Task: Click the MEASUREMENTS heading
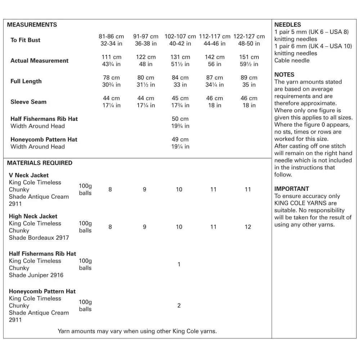(x=32, y=25)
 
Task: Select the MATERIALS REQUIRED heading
(x=40, y=163)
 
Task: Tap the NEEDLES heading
(x=287, y=25)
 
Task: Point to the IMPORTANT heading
(x=292, y=189)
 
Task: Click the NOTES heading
(x=284, y=75)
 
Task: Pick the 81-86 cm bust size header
(x=111, y=36)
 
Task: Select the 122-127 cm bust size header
(x=249, y=36)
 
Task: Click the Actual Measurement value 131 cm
(x=180, y=57)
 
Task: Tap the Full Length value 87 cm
(x=215, y=78)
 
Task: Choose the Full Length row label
(x=26, y=81)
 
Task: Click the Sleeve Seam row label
(x=28, y=102)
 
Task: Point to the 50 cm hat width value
(x=180, y=119)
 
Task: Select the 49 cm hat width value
(x=180, y=139)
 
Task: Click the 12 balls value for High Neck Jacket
(x=248, y=227)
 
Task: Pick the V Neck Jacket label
(x=29, y=175)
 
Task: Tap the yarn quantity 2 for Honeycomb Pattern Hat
(x=179, y=306)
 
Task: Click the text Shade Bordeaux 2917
(x=39, y=238)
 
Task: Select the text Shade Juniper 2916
(x=36, y=275)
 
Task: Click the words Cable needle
(x=292, y=60)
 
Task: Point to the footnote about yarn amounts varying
(x=137, y=331)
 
